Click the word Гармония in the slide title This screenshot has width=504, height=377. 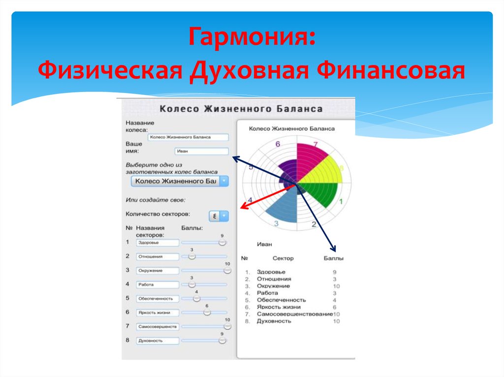251,38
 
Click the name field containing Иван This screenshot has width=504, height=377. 201,151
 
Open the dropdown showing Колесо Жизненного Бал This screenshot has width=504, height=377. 180,181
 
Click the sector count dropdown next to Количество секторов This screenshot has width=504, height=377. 219,216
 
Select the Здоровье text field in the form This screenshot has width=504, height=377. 157,243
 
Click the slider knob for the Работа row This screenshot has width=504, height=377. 192,284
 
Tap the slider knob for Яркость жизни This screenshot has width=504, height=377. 207,312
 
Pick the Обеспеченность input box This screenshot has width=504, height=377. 157,298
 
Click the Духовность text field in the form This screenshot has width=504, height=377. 157,341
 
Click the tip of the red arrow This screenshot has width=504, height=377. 241,208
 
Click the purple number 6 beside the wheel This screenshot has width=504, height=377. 278,144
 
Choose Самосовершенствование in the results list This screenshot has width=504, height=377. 294,314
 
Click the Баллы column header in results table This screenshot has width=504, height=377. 333,258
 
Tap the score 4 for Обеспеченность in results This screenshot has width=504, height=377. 335,300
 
